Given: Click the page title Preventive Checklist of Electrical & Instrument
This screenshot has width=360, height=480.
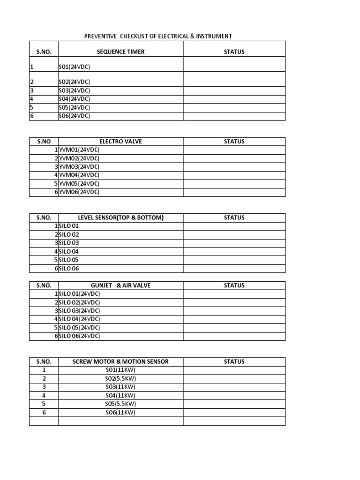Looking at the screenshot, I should (157, 36).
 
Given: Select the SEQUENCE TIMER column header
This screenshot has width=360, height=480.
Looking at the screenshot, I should (120, 52).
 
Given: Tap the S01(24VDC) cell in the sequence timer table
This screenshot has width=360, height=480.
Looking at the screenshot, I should (75, 67).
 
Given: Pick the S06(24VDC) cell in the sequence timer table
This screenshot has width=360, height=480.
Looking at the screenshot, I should (75, 116).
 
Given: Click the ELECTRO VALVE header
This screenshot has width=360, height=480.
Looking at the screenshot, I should (120, 142).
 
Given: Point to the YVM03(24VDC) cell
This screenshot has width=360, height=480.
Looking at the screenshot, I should (79, 167).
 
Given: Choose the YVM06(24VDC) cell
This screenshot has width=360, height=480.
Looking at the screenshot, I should (79, 192).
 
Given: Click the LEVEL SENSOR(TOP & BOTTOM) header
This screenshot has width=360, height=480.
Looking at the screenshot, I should (120, 218).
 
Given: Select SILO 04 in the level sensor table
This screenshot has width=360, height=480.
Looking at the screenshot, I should (69, 252).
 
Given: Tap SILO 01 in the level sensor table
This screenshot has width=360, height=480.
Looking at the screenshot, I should (69, 226).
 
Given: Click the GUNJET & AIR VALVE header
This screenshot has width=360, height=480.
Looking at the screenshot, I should (120, 285).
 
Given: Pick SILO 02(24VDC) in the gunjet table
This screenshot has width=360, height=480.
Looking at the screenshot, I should (79, 302).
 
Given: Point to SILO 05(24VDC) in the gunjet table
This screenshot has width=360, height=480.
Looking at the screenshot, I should (79, 328).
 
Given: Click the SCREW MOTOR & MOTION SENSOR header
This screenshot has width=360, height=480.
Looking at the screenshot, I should (120, 362).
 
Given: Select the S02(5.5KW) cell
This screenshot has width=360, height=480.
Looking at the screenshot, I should (120, 379).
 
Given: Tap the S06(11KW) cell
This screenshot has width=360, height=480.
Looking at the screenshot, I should (120, 412).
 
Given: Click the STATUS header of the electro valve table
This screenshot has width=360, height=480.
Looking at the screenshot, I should (234, 142).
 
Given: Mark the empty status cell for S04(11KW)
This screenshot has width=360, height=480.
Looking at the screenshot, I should (234, 396).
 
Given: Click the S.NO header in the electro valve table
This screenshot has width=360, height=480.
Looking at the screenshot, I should (44, 142).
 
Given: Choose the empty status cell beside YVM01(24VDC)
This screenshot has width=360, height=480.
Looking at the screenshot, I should (234, 150).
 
